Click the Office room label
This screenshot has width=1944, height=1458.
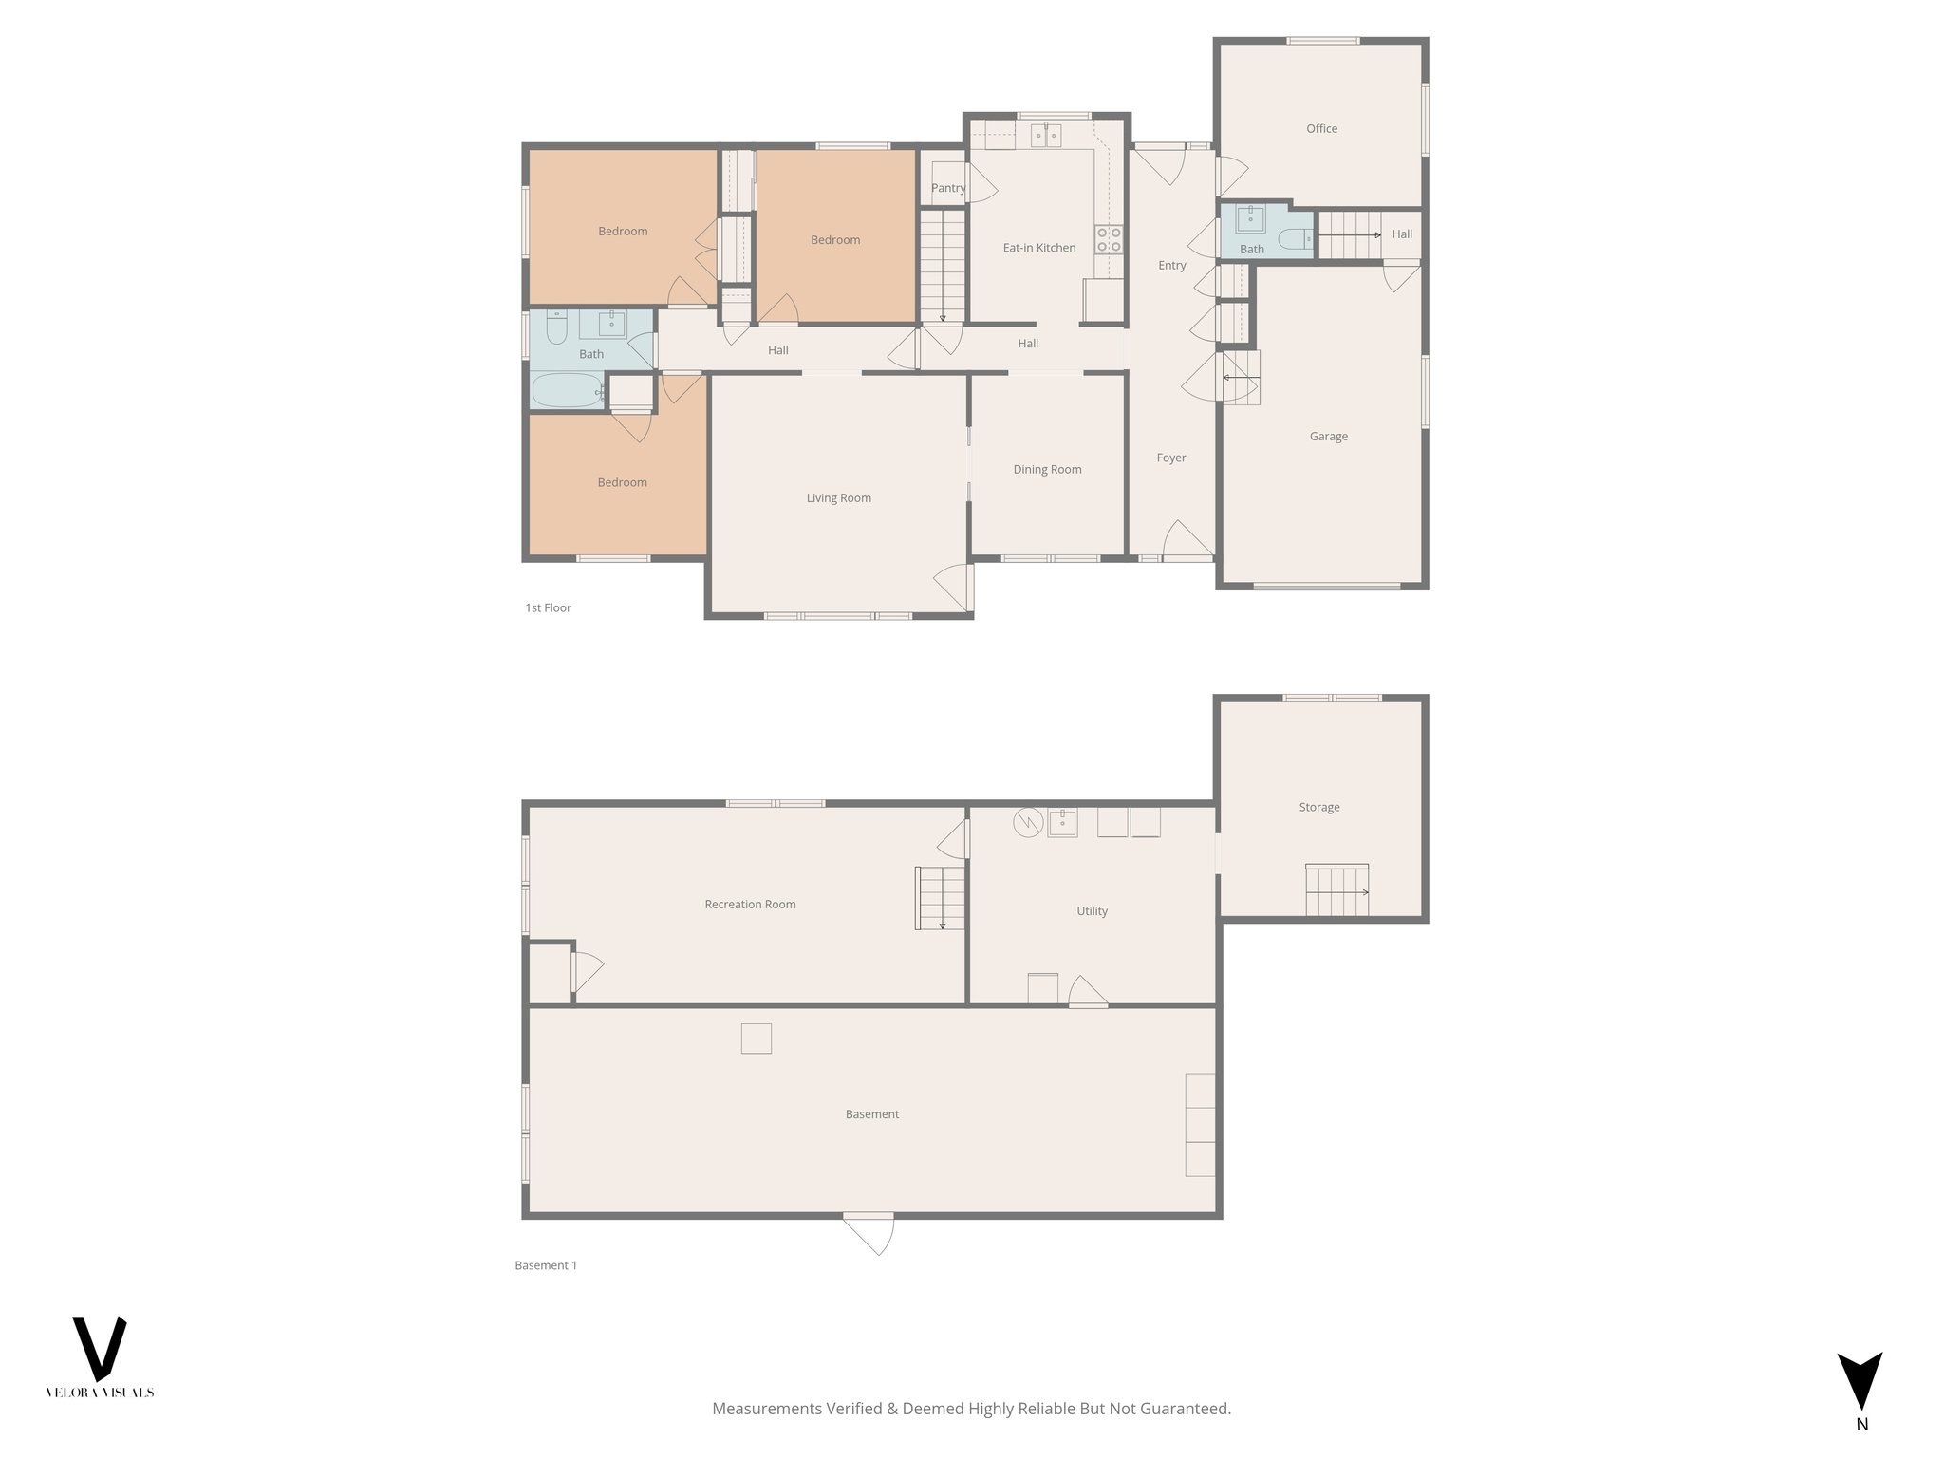1321,128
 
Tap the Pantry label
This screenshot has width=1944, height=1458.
947,188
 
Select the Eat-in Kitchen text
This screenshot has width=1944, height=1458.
1039,248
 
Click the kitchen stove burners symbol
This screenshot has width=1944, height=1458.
1109,239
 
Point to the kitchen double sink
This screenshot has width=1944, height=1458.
1047,136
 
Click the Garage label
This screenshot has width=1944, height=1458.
1328,437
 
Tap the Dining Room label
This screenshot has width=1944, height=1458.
1047,469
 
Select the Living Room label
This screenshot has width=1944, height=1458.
838,498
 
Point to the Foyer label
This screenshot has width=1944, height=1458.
1171,458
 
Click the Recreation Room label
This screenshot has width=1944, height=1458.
750,905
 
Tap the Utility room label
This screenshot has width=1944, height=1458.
1092,911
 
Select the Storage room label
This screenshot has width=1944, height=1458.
1319,807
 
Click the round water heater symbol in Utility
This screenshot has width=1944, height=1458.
1027,822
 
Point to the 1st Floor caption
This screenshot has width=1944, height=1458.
548,608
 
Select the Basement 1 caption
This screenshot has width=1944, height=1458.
546,1265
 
